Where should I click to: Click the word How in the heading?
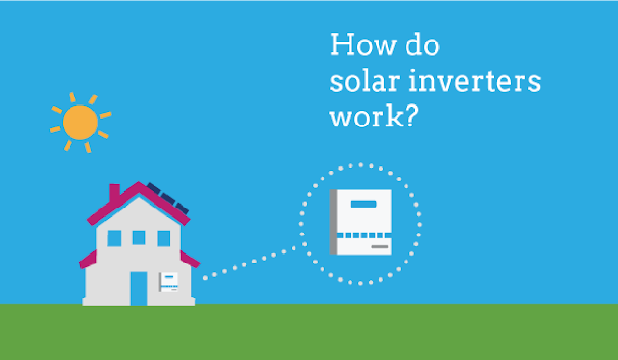363,44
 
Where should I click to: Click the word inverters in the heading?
474,81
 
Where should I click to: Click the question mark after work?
410,116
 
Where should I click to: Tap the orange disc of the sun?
80,123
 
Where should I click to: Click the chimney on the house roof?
114,193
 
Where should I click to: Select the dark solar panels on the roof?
168,198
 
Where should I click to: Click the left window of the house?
114,238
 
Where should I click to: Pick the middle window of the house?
139,237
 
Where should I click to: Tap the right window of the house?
164,238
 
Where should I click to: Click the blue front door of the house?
139,289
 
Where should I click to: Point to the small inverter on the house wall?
168,283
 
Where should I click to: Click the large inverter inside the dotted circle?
360,222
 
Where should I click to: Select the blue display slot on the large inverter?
363,204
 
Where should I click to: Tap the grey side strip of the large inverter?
333,222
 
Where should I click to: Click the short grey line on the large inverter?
379,246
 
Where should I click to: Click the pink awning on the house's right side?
189,259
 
